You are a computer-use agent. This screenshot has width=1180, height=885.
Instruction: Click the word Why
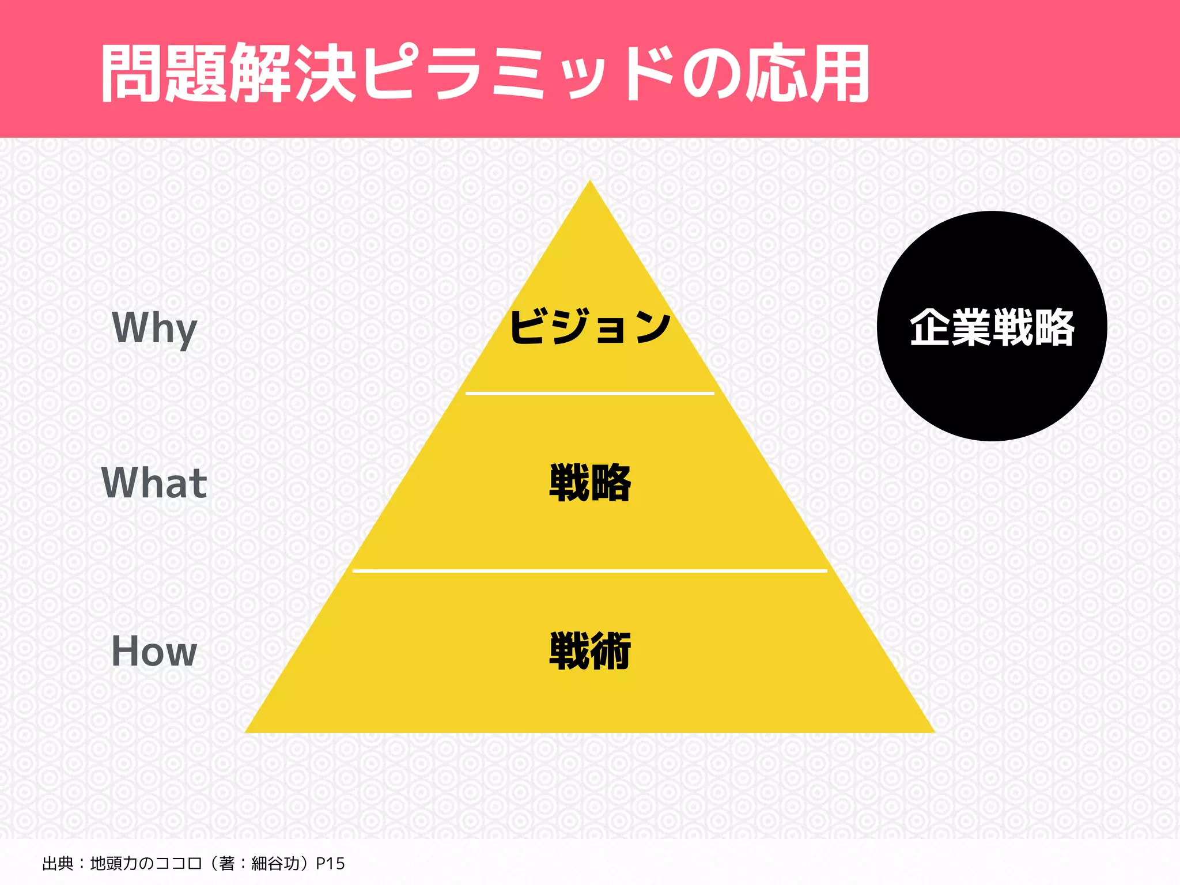(154, 328)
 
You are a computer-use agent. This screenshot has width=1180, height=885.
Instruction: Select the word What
(154, 483)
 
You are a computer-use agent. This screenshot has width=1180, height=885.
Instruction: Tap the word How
(154, 651)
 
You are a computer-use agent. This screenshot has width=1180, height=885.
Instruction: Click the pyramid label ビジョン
(590, 327)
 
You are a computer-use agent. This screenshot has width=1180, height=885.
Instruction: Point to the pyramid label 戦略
(590, 483)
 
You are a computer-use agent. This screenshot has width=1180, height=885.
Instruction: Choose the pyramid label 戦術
(590, 651)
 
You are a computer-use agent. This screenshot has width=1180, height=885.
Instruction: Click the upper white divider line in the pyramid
(590, 394)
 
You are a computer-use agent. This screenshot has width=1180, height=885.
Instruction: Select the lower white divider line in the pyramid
(590, 570)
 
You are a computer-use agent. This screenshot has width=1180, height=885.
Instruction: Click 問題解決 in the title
(228, 74)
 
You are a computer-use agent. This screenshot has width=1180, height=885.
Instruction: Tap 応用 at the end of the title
(807, 74)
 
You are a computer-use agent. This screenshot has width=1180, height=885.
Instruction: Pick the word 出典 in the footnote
(58, 864)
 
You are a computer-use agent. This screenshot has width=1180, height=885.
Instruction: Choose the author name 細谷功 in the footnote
(275, 864)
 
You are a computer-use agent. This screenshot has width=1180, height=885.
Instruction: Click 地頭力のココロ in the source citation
(146, 864)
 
